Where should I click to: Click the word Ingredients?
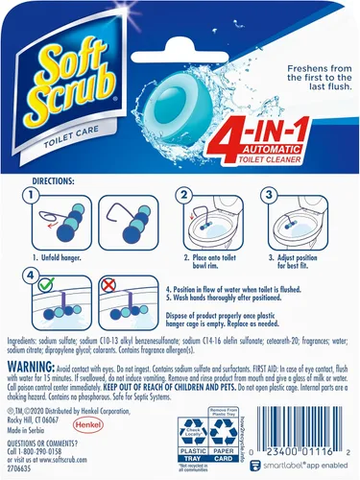point(26,342)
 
